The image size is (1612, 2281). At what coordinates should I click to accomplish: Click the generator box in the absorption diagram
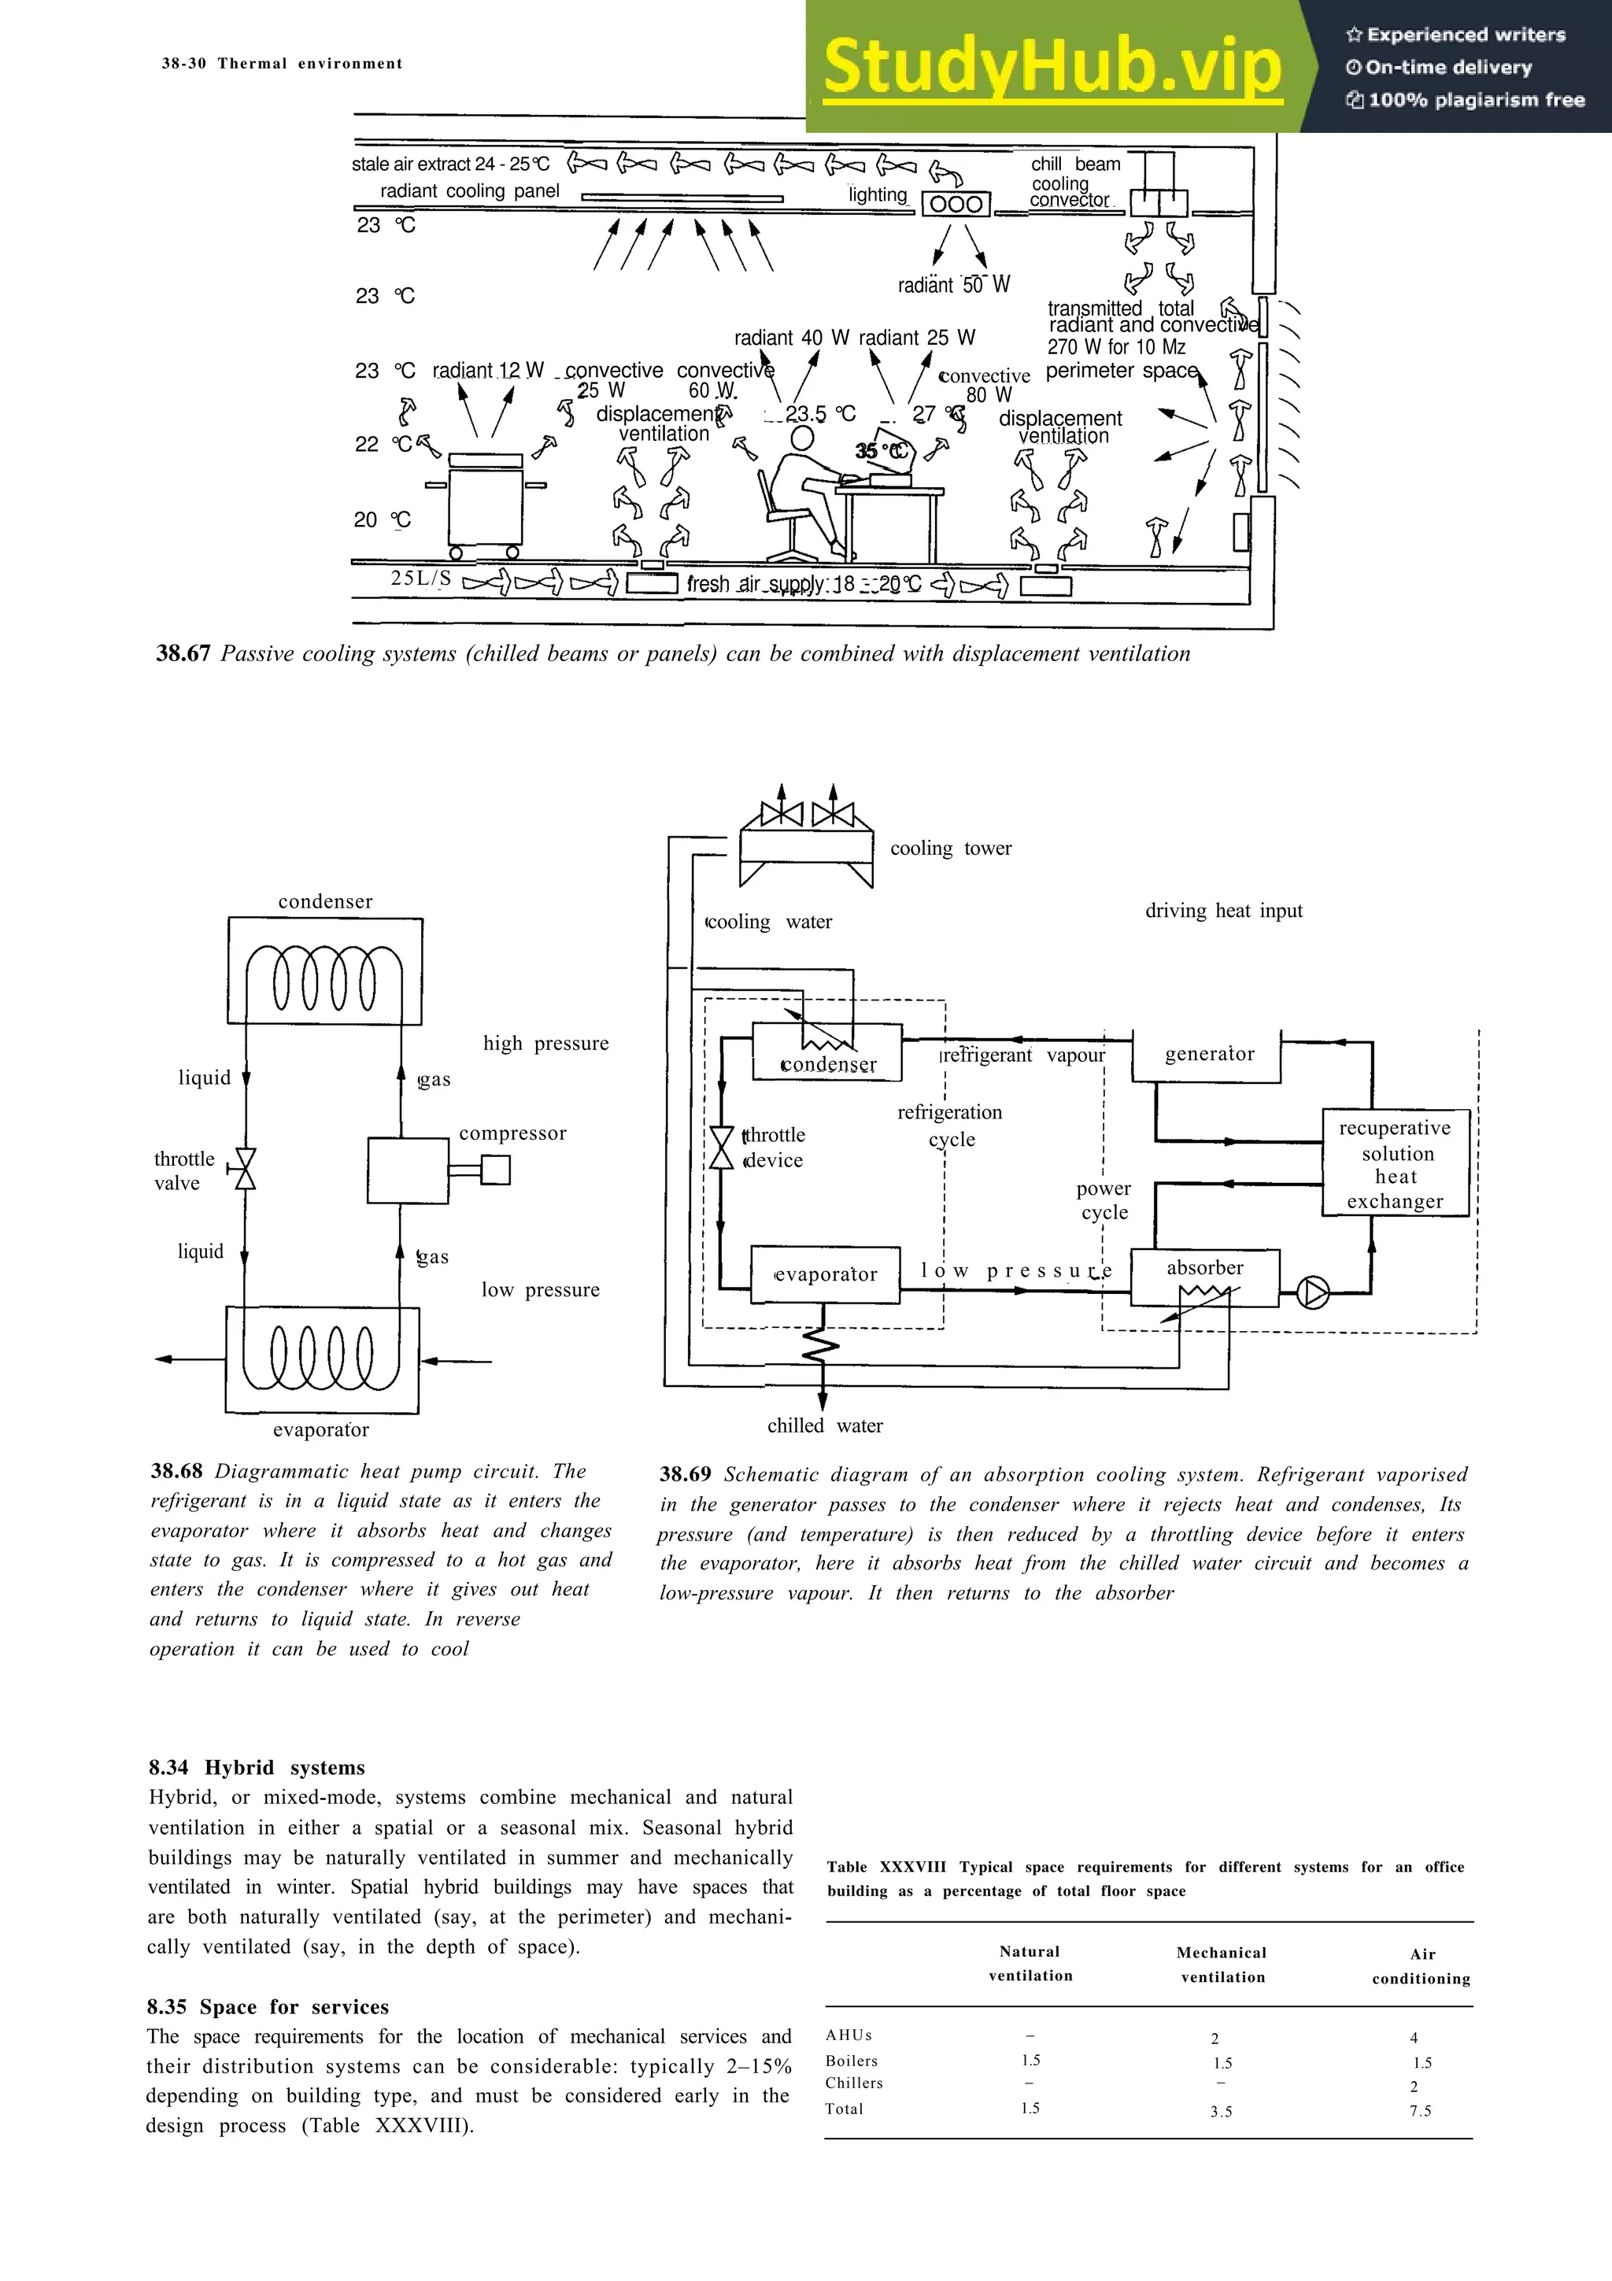(1207, 1055)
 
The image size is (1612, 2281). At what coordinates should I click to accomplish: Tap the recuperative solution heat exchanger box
(1395, 1163)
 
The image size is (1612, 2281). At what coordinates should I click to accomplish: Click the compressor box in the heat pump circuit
(407, 1170)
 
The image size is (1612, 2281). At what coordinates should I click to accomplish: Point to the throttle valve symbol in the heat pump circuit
(244, 1170)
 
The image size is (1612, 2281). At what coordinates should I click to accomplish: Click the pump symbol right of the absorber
(1313, 1292)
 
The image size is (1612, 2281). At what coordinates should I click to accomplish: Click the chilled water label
(824, 1425)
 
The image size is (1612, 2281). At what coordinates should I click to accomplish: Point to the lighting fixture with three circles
(956, 205)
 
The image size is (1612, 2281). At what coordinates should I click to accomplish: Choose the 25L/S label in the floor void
(420, 579)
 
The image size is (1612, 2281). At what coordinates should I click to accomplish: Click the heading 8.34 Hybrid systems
(257, 1767)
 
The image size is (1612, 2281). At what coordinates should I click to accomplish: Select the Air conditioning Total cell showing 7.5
(1419, 2111)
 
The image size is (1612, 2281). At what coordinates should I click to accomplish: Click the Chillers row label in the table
(853, 2083)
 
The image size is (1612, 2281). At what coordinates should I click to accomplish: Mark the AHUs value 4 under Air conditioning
(1414, 2038)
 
